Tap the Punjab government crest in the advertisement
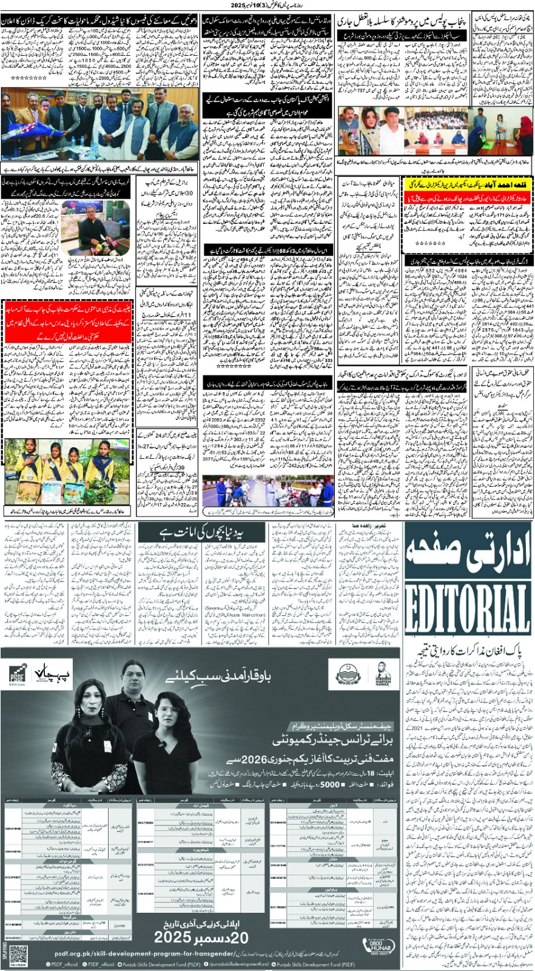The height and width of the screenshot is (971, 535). tap(348, 674)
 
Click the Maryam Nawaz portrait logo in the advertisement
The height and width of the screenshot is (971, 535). tap(383, 673)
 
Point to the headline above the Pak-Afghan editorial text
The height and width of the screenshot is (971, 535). tap(468, 652)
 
